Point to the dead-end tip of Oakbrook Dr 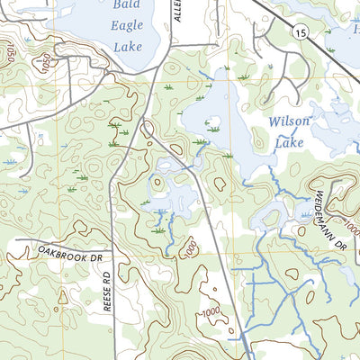click(15, 242)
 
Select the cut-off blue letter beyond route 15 click(356, 30)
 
